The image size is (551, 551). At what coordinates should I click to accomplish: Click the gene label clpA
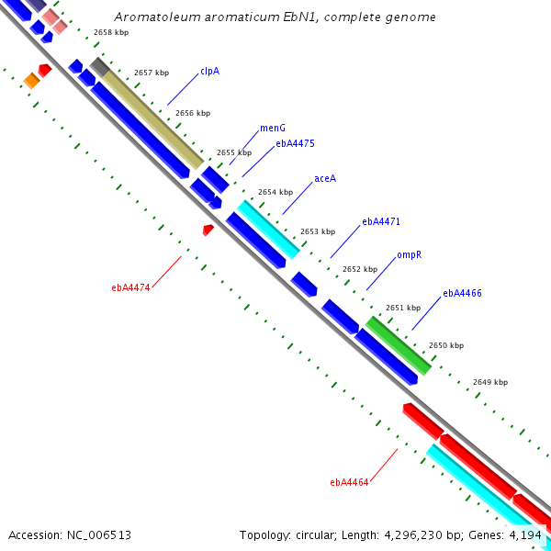209,71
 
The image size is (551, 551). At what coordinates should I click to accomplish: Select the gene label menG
272,129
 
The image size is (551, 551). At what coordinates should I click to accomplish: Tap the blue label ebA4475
295,143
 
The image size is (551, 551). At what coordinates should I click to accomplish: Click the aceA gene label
324,178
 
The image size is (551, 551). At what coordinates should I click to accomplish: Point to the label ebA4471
381,222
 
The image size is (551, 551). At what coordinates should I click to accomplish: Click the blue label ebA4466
462,294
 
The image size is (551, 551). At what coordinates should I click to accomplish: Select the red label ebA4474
130,287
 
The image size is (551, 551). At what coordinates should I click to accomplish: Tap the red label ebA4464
349,482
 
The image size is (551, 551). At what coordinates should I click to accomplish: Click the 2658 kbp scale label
111,32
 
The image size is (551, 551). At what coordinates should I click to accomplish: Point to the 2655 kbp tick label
234,152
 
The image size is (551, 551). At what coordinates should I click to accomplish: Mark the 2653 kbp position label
318,231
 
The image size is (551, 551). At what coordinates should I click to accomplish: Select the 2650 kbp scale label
446,345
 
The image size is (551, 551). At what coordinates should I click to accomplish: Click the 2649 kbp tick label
490,382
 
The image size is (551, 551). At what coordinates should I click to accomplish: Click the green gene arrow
398,344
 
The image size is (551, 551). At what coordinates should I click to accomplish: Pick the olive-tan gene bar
152,116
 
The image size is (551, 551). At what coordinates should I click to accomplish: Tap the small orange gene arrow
31,81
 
